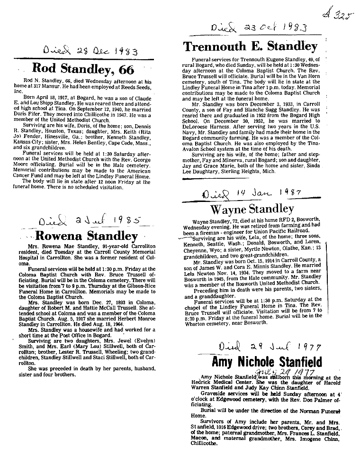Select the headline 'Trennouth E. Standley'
(250, 46)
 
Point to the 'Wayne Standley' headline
(252, 209)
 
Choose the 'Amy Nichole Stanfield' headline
(266, 362)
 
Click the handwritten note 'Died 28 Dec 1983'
(83, 51)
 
